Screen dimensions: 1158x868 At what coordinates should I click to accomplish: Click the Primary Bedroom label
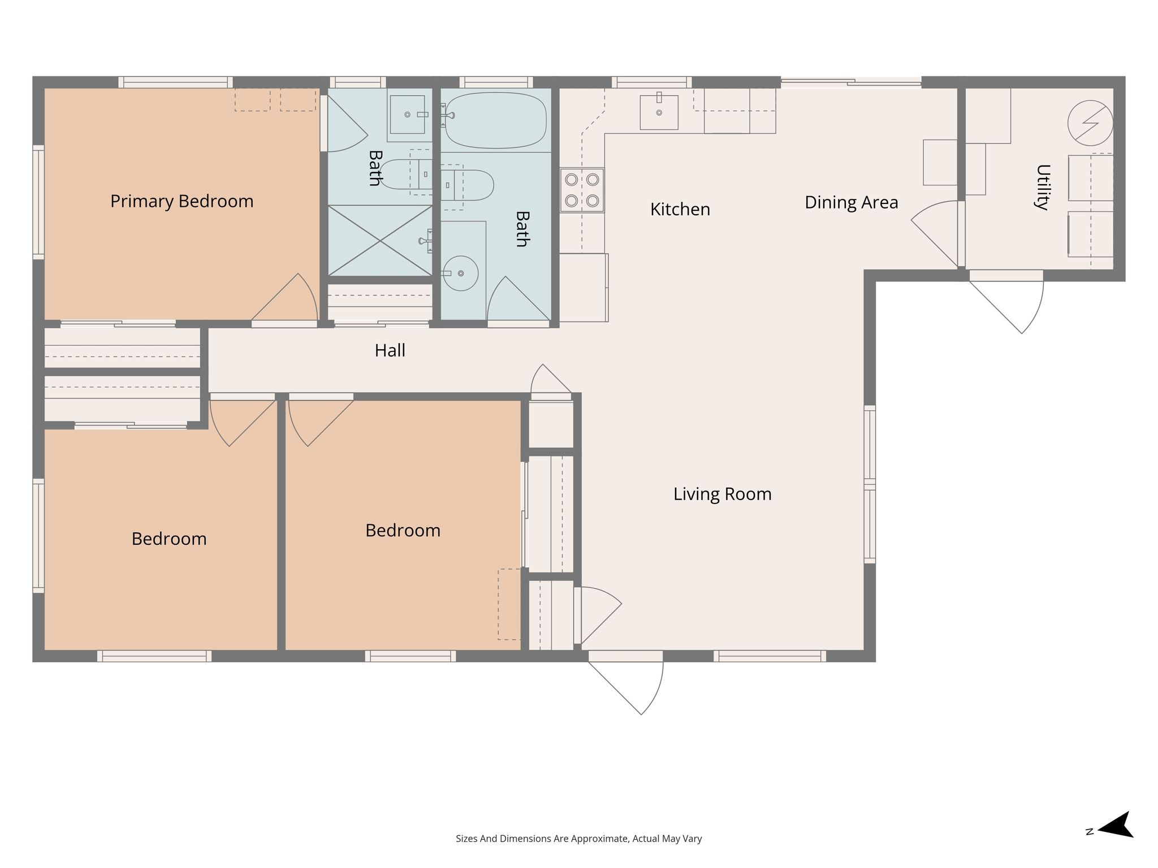point(182,202)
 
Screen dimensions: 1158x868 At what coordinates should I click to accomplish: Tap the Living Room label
point(722,494)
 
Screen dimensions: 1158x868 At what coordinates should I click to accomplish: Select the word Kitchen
point(680,210)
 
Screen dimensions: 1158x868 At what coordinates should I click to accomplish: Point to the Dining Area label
point(851,202)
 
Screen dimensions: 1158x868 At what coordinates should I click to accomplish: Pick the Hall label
point(390,350)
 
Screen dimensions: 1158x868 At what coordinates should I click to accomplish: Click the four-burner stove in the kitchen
point(582,190)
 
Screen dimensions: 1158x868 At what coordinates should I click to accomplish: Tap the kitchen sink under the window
point(659,112)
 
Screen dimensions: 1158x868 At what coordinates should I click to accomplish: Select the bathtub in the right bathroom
point(496,120)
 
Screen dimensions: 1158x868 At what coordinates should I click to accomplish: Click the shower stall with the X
point(381,241)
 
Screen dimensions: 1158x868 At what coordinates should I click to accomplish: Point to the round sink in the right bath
point(460,274)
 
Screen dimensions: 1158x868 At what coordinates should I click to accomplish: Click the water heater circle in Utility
point(1090,123)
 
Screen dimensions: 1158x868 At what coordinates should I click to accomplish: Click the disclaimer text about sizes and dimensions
point(578,839)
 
